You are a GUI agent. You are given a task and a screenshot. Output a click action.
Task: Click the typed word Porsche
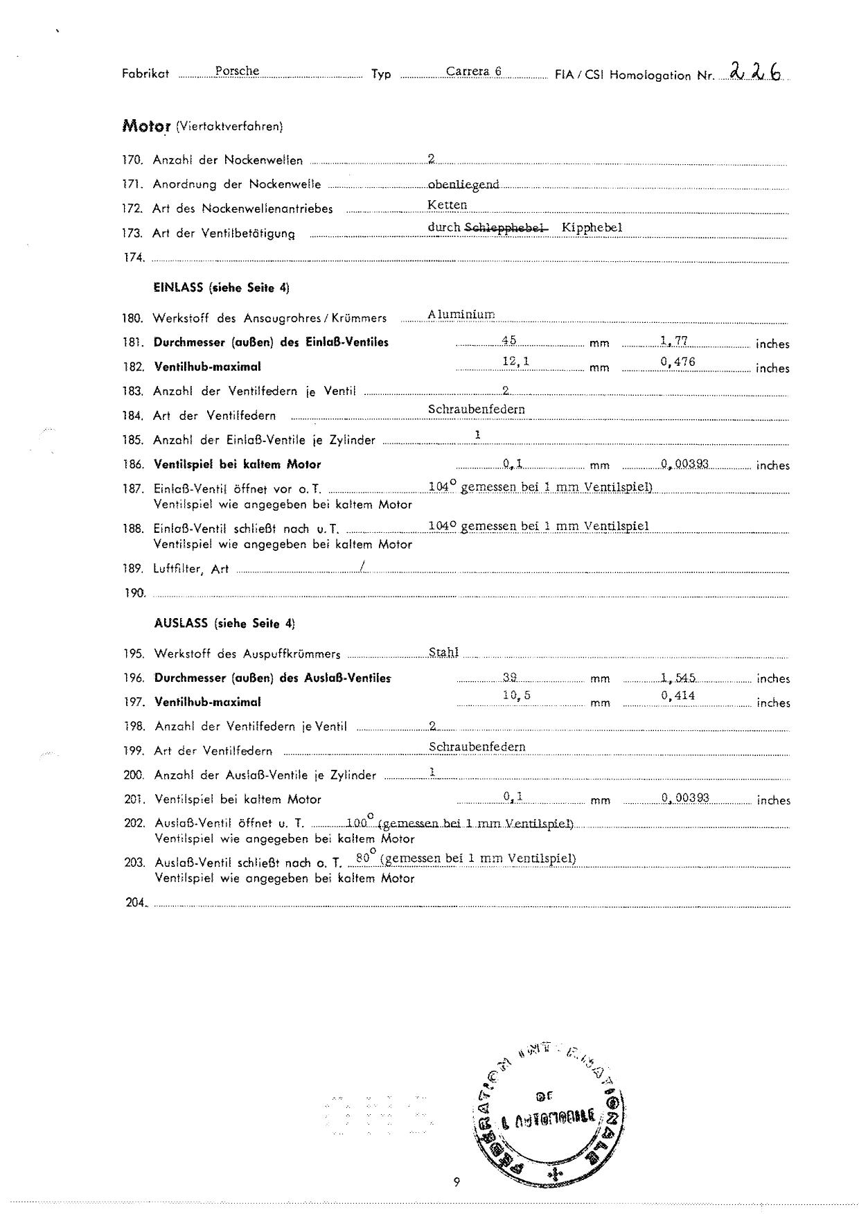point(237,71)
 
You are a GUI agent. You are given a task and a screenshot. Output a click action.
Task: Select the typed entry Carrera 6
point(474,71)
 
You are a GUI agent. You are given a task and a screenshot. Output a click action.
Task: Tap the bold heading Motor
point(146,126)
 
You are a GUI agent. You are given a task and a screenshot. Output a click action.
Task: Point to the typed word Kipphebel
point(592,228)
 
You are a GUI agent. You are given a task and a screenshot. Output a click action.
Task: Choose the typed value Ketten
point(448,205)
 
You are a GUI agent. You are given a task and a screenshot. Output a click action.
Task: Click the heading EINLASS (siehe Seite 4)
point(221,288)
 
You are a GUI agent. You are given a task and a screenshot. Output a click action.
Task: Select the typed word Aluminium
point(461,315)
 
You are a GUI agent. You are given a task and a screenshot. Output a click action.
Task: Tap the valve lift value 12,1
point(516,361)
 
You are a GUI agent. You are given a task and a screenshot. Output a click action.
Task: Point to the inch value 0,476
point(678,362)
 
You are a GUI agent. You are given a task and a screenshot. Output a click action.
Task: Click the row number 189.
point(133,569)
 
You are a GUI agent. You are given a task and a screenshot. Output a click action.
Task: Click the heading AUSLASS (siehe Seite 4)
point(224,623)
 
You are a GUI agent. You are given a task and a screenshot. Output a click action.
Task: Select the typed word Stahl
point(444,653)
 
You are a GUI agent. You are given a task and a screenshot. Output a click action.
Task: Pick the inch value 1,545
point(678,678)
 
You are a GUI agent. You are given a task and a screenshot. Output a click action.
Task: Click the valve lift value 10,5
point(517,696)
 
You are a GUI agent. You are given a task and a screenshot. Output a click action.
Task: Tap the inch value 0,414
point(678,696)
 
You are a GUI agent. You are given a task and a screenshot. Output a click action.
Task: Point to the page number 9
point(457,1182)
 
